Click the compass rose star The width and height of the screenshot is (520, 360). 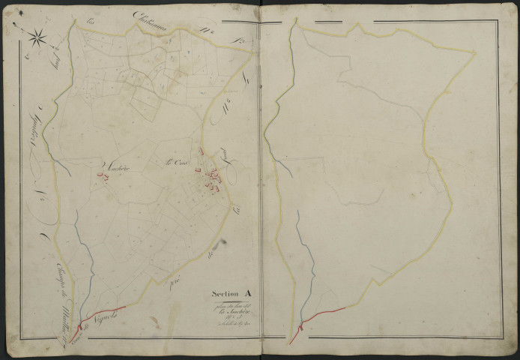click(35, 34)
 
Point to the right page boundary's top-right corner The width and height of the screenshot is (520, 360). click(476, 52)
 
